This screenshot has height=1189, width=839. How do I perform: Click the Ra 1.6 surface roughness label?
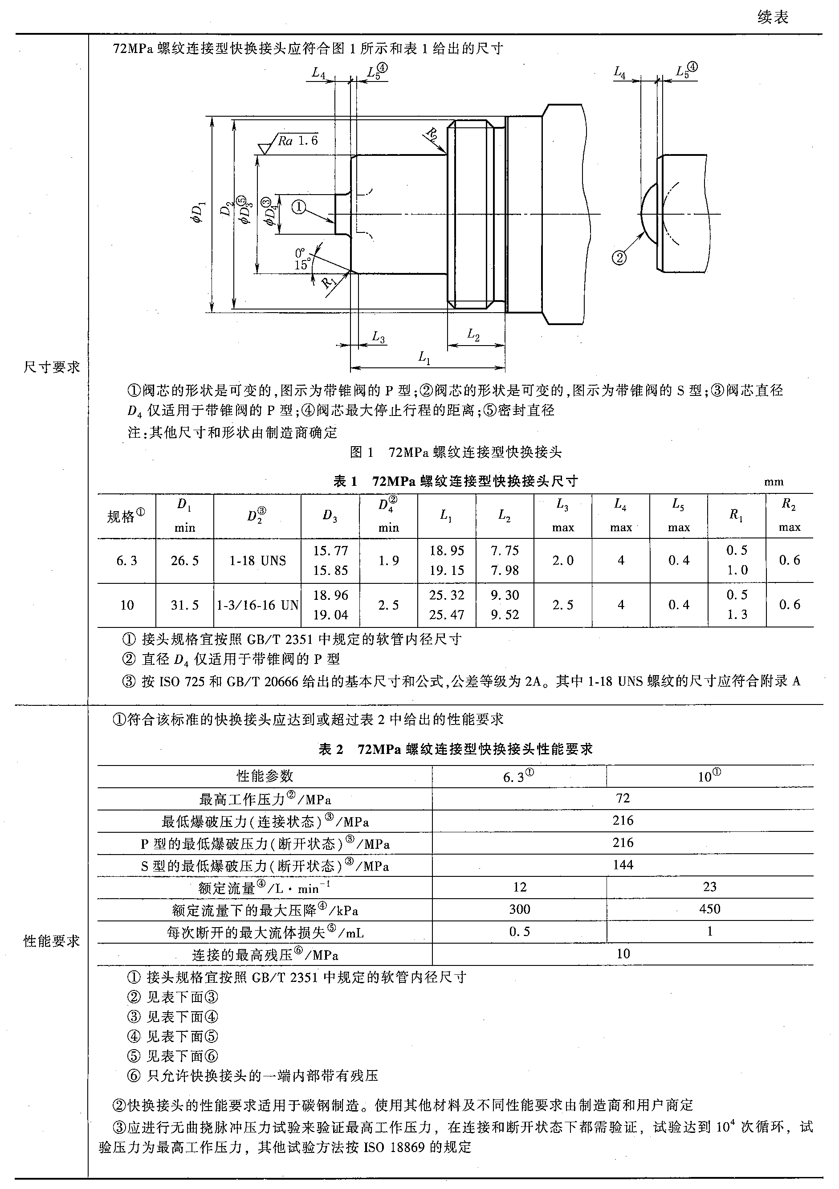[297, 140]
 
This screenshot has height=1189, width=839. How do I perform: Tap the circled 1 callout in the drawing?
[299, 207]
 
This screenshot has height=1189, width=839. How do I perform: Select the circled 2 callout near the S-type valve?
[619, 257]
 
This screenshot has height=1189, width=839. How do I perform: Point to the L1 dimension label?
[424, 357]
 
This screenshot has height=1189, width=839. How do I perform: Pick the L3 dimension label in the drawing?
[379, 338]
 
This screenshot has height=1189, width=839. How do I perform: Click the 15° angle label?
[302, 265]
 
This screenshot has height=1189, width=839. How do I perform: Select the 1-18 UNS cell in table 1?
[257, 560]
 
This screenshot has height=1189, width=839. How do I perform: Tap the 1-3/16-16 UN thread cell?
[257, 605]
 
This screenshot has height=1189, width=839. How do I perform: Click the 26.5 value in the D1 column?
[184, 560]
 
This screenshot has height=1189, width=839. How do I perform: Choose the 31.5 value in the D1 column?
[184, 605]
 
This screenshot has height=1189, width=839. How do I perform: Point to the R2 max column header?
[789, 515]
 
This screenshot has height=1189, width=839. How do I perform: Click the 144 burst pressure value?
[623, 864]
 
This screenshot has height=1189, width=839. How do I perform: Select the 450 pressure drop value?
[709, 909]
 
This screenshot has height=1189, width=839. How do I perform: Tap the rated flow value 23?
[709, 887]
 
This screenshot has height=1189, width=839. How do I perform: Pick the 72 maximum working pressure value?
[623, 798]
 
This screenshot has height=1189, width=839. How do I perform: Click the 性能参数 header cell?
[265, 776]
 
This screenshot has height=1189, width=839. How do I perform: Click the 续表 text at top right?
[773, 18]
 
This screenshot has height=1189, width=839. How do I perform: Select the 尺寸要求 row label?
[52, 367]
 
